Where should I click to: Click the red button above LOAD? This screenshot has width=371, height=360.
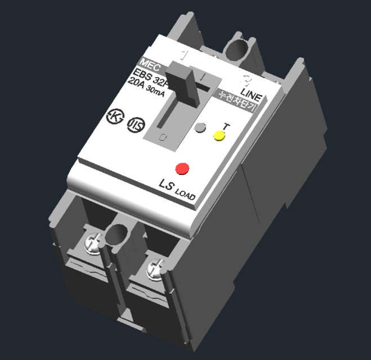pyautogui.click(x=182, y=168)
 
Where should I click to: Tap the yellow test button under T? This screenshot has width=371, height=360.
pyautogui.click(x=218, y=136)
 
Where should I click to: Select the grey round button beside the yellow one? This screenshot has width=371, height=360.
pyautogui.click(x=200, y=128)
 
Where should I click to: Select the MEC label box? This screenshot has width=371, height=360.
pyautogui.click(x=150, y=64)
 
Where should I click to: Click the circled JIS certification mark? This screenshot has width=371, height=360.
pyautogui.click(x=136, y=124)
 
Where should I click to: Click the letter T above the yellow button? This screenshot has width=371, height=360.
pyautogui.click(x=225, y=126)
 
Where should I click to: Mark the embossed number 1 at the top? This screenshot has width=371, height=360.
pyautogui.click(x=183, y=55)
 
